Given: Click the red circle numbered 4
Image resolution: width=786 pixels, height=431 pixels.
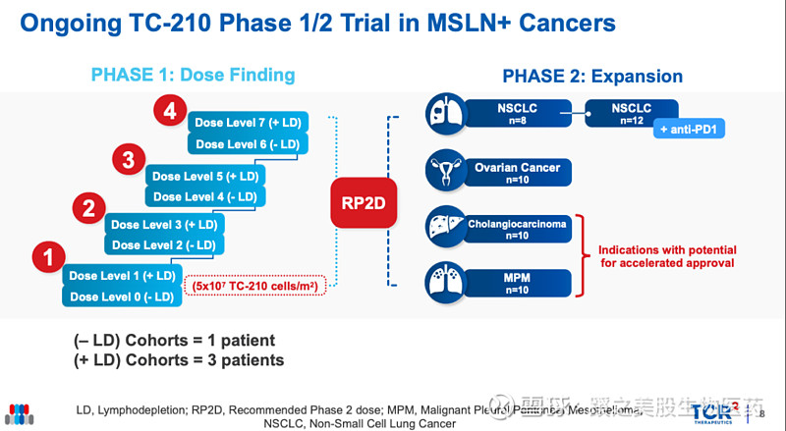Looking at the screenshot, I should coord(170,113).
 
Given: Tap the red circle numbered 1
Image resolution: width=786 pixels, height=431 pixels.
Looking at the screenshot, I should coord(46,258).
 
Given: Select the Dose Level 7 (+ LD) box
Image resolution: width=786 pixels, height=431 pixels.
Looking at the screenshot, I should coord(249,123).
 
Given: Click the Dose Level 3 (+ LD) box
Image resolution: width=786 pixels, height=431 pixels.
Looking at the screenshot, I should coord(164,225).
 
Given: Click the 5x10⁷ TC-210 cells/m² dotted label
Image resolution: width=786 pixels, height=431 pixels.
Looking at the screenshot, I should coord(254,286).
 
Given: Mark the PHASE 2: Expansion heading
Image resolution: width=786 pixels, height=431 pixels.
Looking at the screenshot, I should coord(592,76).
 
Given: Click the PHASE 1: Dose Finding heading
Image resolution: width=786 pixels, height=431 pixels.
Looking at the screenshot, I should coord(193,75).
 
